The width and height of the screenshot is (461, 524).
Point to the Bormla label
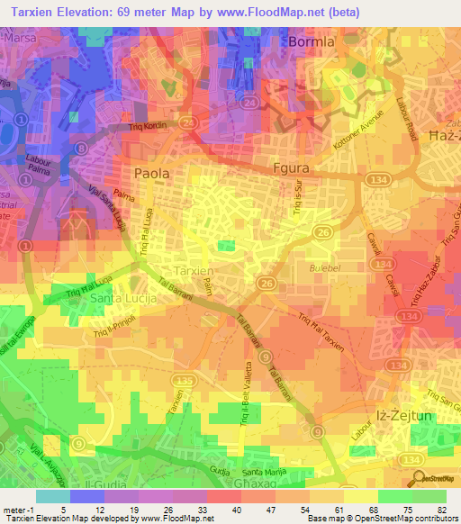coord(311,42)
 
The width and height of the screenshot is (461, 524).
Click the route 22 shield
coord(186,120)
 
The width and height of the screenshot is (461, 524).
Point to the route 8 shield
coord(81,148)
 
